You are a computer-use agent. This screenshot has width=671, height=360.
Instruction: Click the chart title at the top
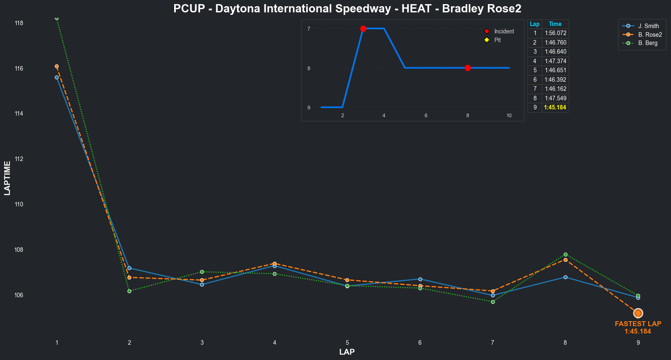[x=347, y=9]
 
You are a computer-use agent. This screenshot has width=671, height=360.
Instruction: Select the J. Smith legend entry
[x=648, y=26]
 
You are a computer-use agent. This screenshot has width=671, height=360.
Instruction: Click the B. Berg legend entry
[x=647, y=43]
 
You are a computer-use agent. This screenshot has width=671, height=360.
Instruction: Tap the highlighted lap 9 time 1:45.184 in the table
[x=555, y=107]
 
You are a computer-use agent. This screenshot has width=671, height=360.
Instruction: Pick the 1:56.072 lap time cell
[x=555, y=33]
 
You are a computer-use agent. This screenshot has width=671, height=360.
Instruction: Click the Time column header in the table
[x=555, y=24]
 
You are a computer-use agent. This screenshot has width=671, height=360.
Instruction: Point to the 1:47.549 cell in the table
[x=555, y=98]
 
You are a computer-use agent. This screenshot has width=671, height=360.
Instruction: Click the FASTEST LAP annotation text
[x=638, y=324]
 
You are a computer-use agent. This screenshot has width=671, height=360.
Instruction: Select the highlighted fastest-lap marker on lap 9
[x=638, y=313]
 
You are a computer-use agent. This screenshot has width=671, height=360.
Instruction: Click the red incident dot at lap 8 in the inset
[x=468, y=68]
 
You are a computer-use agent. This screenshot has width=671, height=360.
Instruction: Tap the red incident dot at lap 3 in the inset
[x=363, y=28]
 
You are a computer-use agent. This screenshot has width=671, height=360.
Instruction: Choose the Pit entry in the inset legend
[x=497, y=40]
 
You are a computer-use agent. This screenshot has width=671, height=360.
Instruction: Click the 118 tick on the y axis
[x=19, y=23]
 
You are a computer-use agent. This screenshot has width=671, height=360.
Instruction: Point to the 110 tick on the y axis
[x=19, y=204]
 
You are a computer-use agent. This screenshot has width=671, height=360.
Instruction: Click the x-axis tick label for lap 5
[x=347, y=343]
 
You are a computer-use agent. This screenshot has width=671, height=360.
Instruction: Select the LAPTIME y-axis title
[x=7, y=178]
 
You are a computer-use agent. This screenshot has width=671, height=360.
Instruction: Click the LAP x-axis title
[x=347, y=352]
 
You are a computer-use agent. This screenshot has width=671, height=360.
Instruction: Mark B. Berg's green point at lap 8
[x=565, y=255]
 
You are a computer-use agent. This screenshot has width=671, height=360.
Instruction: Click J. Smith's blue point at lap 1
[x=57, y=77]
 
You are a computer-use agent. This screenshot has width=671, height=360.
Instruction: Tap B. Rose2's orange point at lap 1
[x=57, y=66]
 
